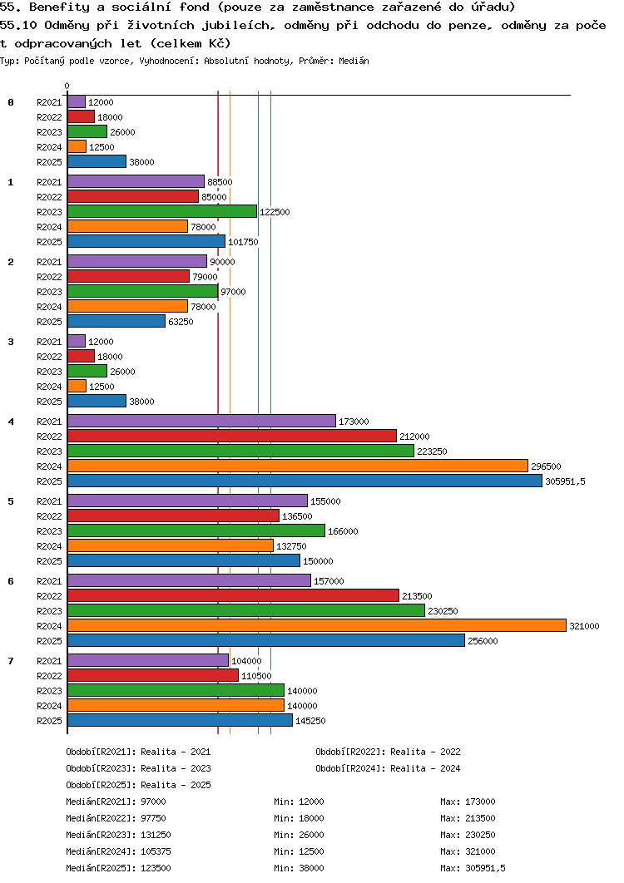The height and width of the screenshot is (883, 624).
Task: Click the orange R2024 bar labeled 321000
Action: [x=316, y=625]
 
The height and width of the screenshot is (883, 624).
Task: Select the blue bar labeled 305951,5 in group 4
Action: [x=305, y=481]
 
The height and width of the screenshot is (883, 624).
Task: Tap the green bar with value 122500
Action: [x=162, y=211]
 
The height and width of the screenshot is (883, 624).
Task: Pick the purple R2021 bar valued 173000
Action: [x=201, y=421]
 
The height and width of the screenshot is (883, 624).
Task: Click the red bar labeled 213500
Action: [x=233, y=595]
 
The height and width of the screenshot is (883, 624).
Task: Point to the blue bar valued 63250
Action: [x=116, y=321]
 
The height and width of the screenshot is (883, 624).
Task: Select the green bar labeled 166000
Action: [x=196, y=530]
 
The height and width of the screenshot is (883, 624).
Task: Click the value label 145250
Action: [x=310, y=721]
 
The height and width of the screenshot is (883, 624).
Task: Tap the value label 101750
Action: [x=243, y=242]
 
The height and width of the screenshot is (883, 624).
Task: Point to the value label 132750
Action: [x=291, y=546]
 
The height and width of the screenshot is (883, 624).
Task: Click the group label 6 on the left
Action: [x=11, y=581]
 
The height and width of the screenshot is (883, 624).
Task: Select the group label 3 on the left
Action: [x=11, y=342]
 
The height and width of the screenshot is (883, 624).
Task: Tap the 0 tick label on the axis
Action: [x=67, y=86]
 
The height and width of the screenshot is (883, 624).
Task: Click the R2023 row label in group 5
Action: [x=50, y=531]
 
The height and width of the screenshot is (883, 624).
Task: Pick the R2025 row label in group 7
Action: [x=50, y=721]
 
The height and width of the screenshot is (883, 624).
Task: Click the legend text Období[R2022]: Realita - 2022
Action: [x=388, y=752]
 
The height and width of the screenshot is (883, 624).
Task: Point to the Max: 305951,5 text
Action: [x=473, y=868]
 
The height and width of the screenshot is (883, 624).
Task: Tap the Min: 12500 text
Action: [x=299, y=851]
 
